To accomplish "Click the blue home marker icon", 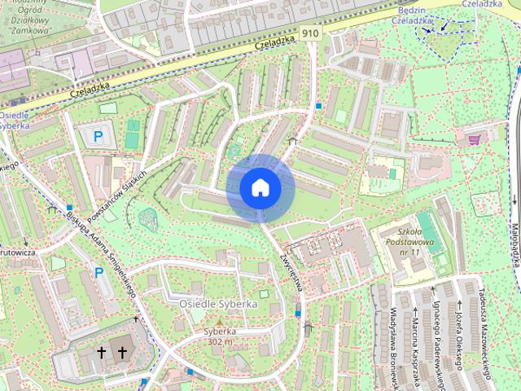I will coord(260,187).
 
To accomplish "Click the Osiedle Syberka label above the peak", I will coord(218,304).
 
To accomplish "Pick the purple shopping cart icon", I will coord(474,140).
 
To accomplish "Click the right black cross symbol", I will coord(123,353).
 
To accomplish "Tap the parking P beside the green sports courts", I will coord(99,137).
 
